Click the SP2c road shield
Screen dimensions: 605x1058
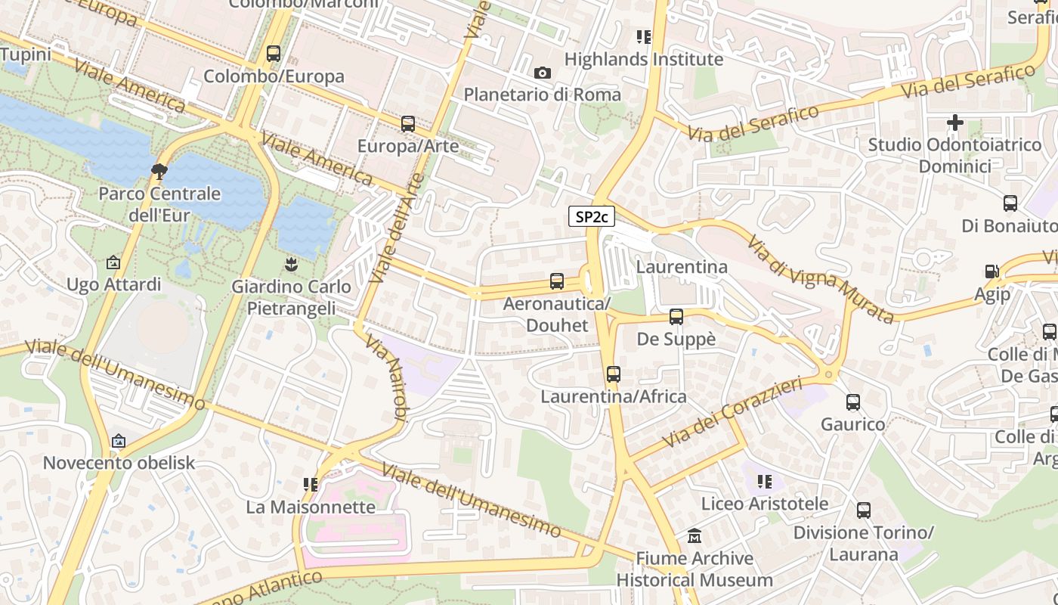(x=591, y=217)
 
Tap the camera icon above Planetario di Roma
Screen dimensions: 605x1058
(x=542, y=73)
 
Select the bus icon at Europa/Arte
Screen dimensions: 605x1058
(x=408, y=123)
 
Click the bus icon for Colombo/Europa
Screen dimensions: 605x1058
(x=274, y=54)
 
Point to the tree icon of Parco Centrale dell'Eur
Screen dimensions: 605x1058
(x=159, y=171)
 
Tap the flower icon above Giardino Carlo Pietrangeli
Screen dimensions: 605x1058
(x=291, y=264)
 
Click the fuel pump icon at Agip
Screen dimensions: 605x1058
(x=991, y=271)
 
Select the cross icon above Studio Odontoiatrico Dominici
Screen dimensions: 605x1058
(x=954, y=122)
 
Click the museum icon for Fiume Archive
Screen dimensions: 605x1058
(x=695, y=536)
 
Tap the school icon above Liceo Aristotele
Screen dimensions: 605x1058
(x=765, y=481)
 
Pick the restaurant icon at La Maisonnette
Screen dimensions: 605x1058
(x=310, y=484)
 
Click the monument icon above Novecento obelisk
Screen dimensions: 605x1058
(x=119, y=441)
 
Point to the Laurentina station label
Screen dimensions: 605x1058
(x=682, y=267)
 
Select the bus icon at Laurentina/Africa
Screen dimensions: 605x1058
(x=613, y=374)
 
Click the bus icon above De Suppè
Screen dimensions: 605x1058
(x=676, y=317)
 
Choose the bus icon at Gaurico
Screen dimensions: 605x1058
(x=853, y=402)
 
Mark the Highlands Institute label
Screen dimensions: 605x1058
(x=644, y=59)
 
